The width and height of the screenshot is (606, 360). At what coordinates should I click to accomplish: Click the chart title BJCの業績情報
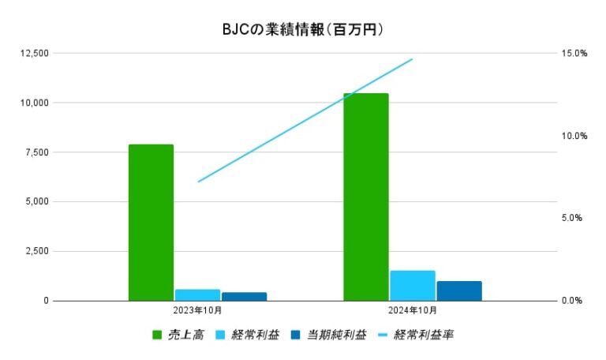click(x=304, y=30)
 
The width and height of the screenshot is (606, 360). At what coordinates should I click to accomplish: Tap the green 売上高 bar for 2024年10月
click(x=366, y=197)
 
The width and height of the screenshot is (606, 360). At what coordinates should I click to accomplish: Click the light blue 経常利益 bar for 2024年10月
click(x=413, y=286)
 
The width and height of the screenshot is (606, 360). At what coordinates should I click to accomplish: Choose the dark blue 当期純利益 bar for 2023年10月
click(x=244, y=297)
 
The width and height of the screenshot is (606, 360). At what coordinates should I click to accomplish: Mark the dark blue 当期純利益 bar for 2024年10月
click(x=459, y=291)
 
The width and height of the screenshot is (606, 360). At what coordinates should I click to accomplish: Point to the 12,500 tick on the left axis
click(x=33, y=53)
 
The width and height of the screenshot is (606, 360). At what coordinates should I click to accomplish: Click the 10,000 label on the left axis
click(x=33, y=103)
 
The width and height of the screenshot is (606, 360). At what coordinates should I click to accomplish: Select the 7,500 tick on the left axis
click(x=36, y=152)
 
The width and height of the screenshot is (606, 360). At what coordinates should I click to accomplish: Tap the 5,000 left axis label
click(x=36, y=202)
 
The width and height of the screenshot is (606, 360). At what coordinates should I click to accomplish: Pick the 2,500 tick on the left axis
click(x=36, y=251)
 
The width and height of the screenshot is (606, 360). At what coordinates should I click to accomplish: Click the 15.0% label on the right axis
click(x=574, y=53)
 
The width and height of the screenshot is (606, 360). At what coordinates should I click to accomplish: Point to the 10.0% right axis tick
click(x=574, y=136)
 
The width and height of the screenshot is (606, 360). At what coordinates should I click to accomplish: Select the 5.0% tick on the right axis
click(x=576, y=218)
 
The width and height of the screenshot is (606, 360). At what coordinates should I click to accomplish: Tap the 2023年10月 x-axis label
click(x=197, y=311)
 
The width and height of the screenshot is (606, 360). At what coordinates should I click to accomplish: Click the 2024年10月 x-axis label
click(x=413, y=311)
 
